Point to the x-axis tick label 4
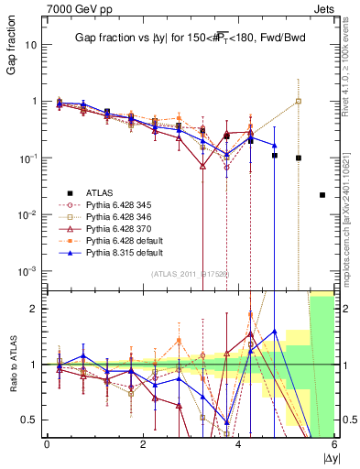239,444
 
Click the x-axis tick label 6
334,444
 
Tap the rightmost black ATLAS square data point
322,195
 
